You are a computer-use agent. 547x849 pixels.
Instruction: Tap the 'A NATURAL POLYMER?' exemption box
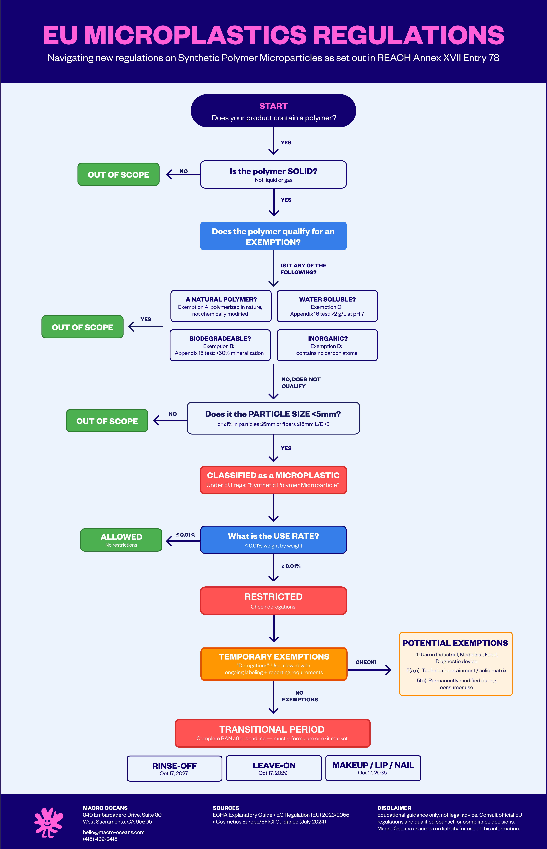point(221,306)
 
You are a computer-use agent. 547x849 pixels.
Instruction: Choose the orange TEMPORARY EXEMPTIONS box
point(273,664)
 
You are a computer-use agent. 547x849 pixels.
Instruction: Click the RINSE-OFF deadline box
point(174,768)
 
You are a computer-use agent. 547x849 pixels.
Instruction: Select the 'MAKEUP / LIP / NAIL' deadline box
point(373,768)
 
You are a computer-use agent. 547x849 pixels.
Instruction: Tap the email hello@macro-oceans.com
point(114,832)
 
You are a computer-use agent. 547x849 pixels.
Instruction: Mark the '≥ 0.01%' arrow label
point(291,566)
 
